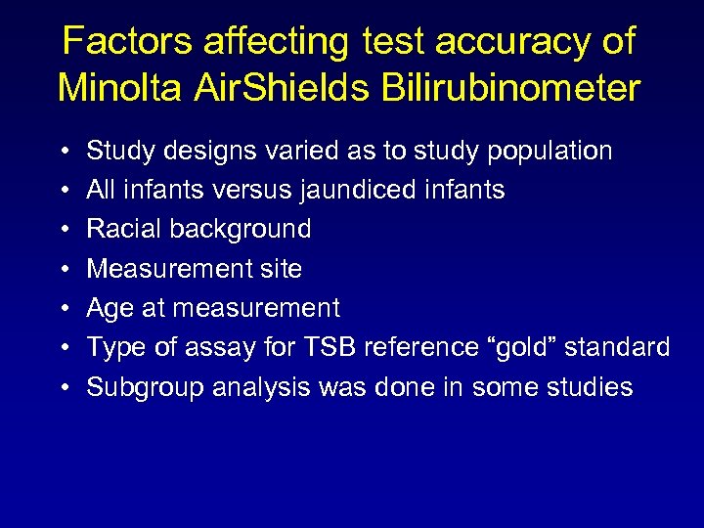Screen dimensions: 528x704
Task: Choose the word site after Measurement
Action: (279, 269)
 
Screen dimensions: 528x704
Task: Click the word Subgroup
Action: (135, 387)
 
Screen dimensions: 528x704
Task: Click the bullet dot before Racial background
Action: (63, 230)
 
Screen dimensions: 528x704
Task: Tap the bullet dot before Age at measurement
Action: (63, 309)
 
